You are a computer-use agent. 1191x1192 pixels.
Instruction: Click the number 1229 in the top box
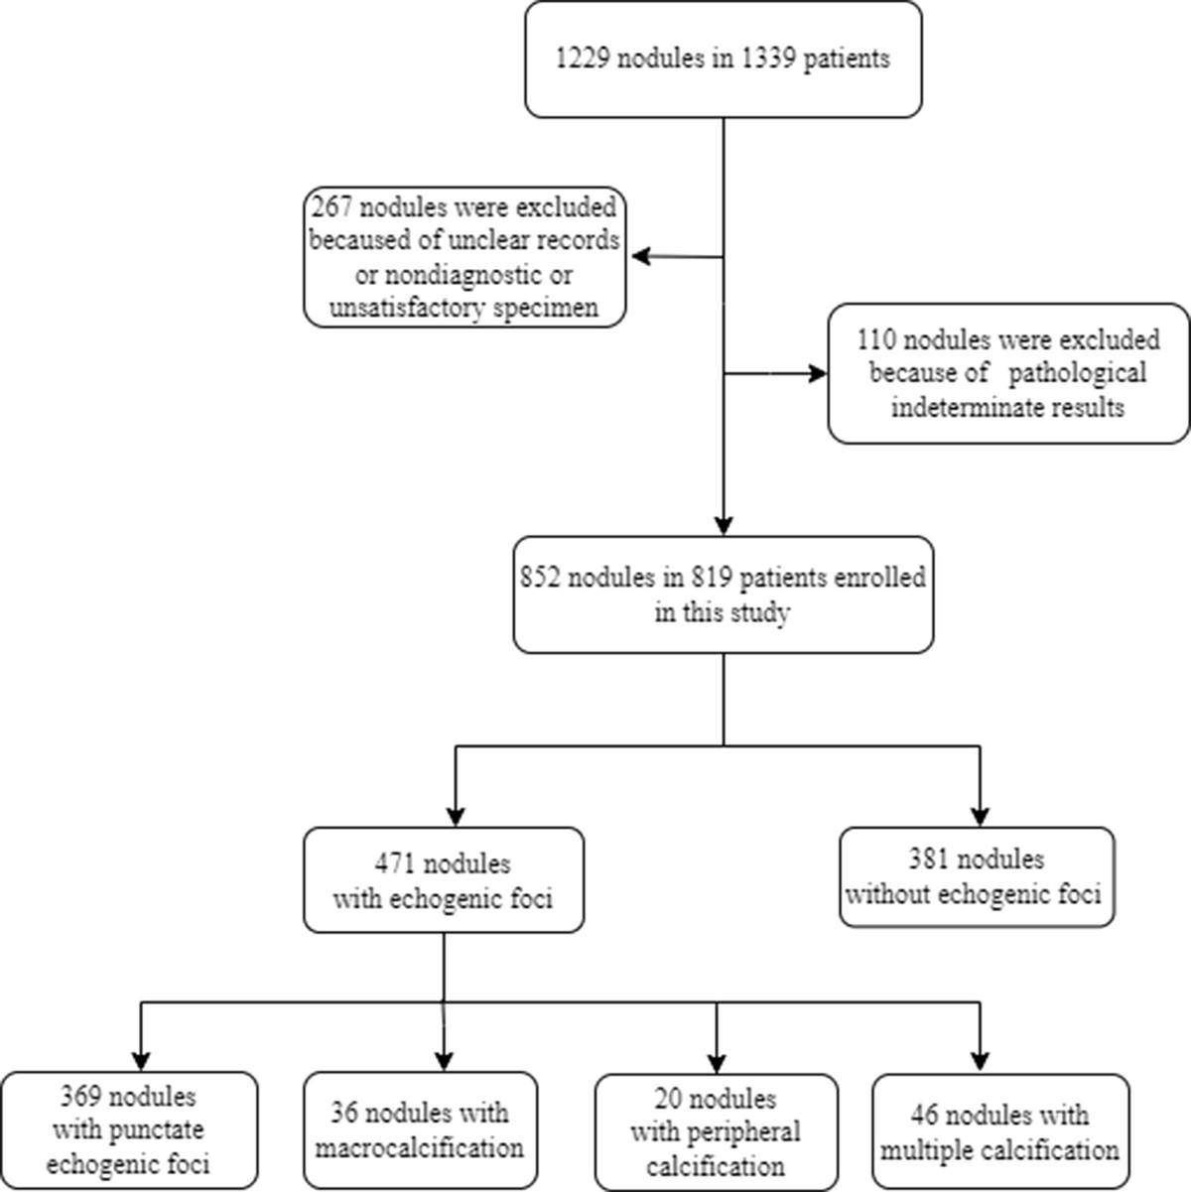[x=583, y=59]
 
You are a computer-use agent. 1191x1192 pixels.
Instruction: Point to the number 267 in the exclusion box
[x=331, y=207]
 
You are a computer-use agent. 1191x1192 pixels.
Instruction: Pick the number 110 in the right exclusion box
[x=876, y=340]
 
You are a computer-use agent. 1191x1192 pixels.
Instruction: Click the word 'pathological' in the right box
[x=1077, y=373]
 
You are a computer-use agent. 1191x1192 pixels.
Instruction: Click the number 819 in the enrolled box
[x=712, y=578]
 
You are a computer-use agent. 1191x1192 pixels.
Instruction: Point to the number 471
[x=394, y=863]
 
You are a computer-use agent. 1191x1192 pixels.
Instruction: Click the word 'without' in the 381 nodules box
[x=885, y=893]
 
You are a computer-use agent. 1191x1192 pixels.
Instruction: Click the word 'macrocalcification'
[x=420, y=1147]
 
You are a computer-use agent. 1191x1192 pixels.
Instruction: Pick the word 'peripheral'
[x=741, y=1131]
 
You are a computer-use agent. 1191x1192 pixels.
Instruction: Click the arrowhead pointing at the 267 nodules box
[x=640, y=256]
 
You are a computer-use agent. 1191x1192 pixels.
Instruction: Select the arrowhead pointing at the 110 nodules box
[x=818, y=373]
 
